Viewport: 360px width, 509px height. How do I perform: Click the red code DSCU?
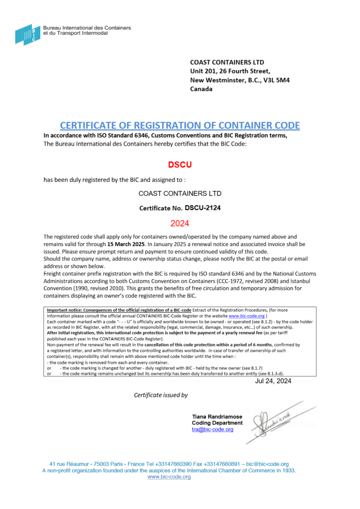(179, 164)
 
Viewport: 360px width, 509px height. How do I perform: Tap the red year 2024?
(180, 224)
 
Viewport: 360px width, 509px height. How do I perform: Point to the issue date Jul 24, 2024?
(273, 381)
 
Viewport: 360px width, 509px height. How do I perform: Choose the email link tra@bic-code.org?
(212, 429)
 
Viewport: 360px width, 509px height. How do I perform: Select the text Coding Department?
(217, 423)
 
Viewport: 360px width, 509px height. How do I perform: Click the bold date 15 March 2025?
(126, 245)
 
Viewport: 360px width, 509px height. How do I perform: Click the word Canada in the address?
(201, 89)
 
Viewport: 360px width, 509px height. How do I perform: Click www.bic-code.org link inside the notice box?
(247, 316)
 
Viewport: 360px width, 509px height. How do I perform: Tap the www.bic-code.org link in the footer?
(170, 477)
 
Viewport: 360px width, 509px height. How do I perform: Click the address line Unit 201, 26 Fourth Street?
(230, 71)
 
